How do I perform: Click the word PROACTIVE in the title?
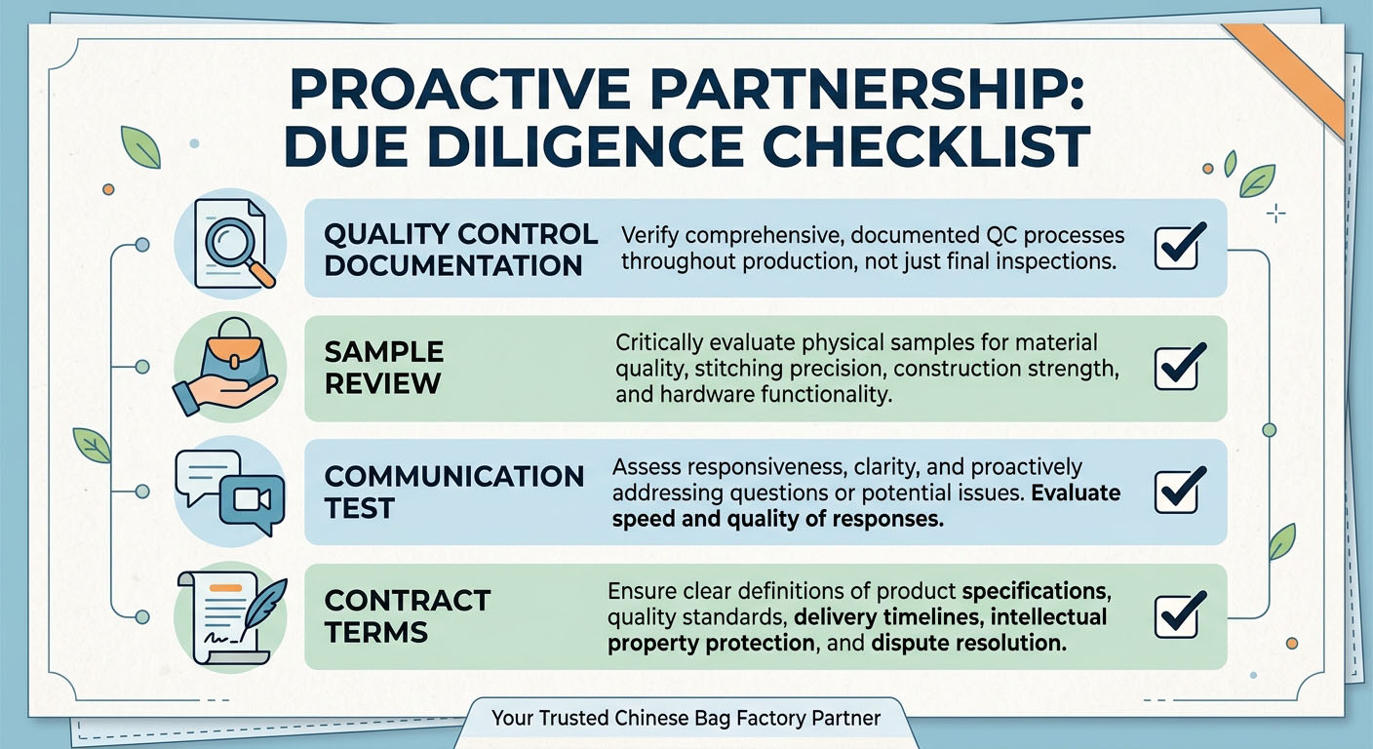pos(459,90)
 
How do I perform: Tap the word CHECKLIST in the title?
pos(926,146)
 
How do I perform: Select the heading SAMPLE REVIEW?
pos(383,368)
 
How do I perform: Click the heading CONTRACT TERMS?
pos(407,616)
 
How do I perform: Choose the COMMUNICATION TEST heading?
pos(454,492)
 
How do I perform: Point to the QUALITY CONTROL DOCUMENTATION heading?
pos(461,250)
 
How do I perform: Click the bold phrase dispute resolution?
pos(968,643)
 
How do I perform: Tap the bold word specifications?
pos(1036,591)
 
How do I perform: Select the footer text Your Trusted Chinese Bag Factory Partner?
pos(686,718)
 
